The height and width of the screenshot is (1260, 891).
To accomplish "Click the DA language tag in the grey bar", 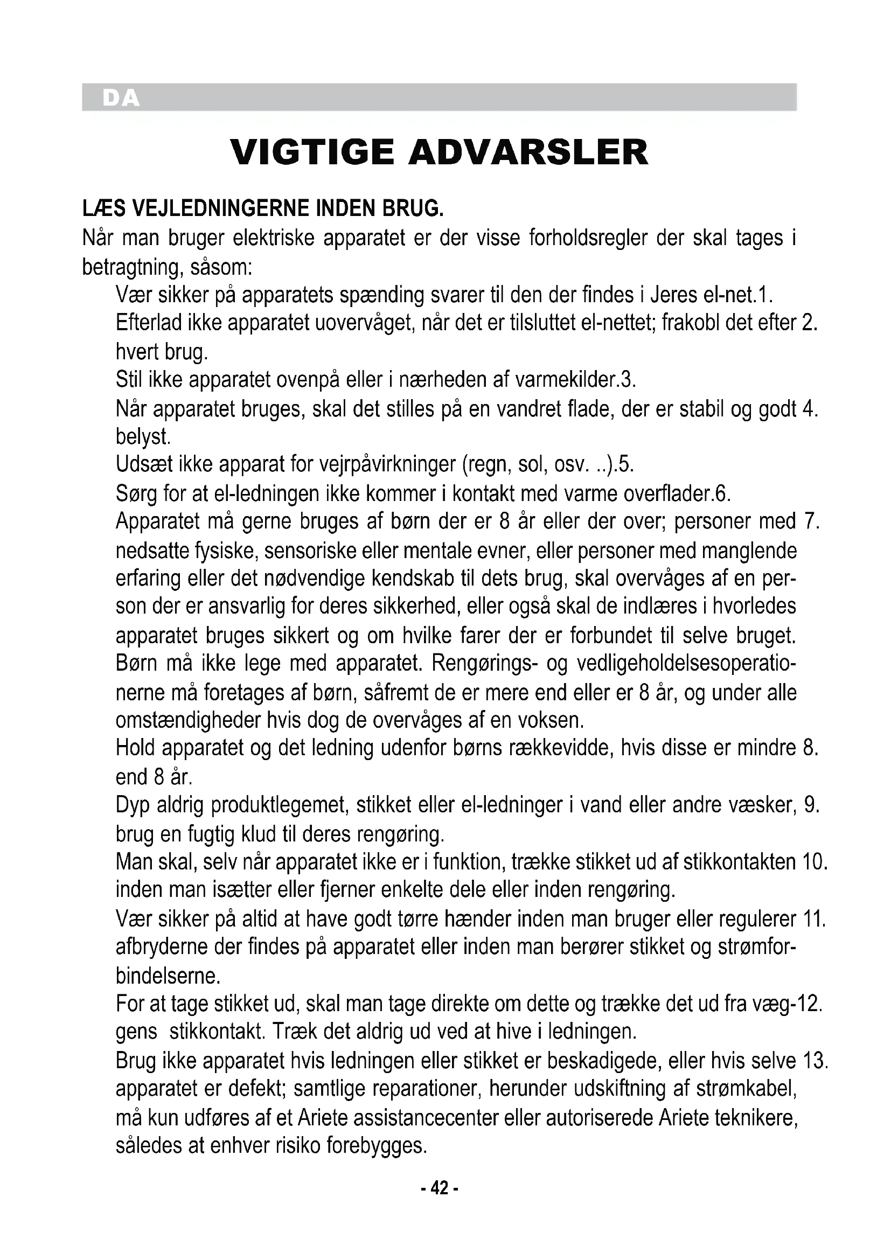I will tap(121, 98).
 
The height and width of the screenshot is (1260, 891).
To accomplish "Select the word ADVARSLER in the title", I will tap(528, 152).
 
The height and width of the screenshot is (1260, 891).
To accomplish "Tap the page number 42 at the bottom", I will tap(439, 1189).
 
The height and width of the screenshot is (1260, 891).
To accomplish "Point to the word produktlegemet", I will tap(280, 805).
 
